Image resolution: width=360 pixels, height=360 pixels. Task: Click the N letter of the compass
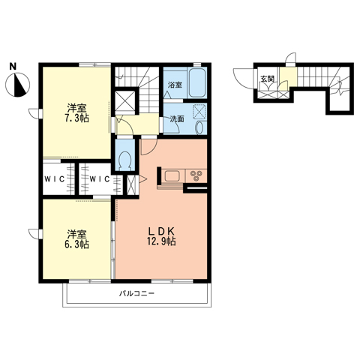[x=13, y=66]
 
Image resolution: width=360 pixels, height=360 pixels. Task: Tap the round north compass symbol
[x=18, y=85]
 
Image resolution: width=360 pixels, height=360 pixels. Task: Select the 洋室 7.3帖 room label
[x=77, y=113]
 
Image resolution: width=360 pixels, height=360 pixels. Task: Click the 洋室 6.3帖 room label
[x=77, y=239]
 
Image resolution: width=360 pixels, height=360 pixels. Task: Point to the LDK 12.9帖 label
[x=161, y=236]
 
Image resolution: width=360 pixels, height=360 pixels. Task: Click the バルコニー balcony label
[x=136, y=293]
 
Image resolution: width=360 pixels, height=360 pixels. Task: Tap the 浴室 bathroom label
[x=175, y=85]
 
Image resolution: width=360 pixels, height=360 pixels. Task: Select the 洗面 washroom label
[x=177, y=119]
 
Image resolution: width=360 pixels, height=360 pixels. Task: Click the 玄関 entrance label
[x=268, y=79]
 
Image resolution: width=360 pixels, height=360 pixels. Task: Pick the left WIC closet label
[x=55, y=179]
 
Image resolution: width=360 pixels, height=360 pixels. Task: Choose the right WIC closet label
[x=100, y=179]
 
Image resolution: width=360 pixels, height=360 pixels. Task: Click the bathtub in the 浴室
[x=197, y=83]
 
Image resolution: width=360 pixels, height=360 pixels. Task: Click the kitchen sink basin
[x=172, y=175]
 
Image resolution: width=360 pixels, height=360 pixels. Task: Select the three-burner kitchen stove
[x=196, y=175]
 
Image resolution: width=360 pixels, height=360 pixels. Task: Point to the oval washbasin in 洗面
[x=199, y=127]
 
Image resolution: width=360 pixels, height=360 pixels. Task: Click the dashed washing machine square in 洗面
[x=199, y=112]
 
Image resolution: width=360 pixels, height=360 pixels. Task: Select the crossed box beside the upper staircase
[x=125, y=101]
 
